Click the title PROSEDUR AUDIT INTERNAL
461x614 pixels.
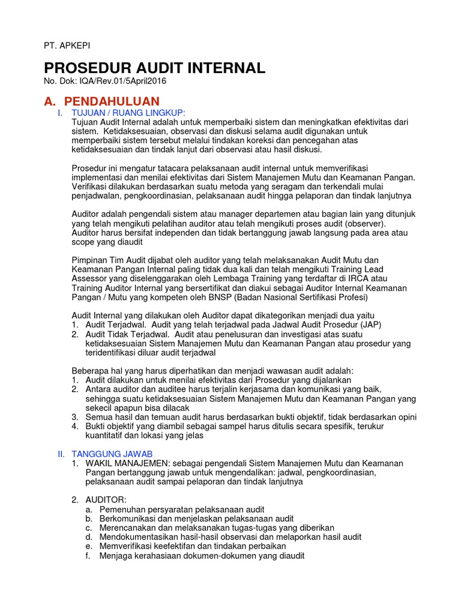click(x=154, y=68)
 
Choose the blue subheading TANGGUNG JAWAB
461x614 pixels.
click(x=112, y=454)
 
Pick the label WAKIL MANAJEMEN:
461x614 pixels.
click(x=124, y=463)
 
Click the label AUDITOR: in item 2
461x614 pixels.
click(x=106, y=499)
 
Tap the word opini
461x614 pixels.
click(x=406, y=417)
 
